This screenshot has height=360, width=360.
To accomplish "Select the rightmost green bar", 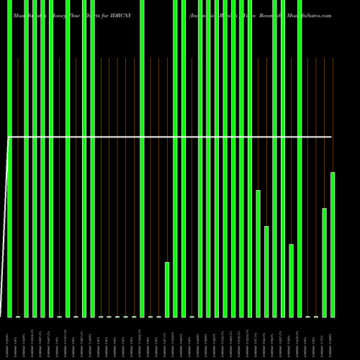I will tap(333, 245).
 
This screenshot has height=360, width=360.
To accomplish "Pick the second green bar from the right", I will tap(325, 262).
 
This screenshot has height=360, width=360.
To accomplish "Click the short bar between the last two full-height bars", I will tap(292, 280).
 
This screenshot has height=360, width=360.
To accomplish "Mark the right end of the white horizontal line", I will tap(332, 136).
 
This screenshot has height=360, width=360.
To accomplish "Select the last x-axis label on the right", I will tap(333, 338).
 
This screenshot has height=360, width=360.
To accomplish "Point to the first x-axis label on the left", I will tap(9, 338).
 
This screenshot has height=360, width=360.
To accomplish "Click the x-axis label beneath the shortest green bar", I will tap(167, 338).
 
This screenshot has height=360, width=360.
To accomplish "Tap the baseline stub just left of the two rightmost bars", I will tap(316, 316).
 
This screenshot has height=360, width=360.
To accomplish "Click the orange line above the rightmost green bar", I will tap(333, 115).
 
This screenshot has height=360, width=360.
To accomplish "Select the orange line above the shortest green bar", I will tap(167, 158).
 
